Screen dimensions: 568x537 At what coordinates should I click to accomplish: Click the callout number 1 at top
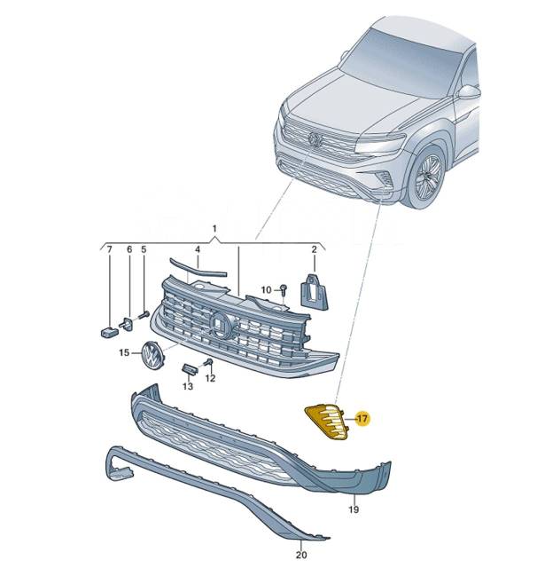tap(214, 229)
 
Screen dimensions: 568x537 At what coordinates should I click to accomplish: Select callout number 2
tap(314, 251)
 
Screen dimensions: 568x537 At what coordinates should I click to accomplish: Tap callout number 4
tap(197, 251)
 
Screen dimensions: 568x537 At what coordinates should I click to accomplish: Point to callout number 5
tap(144, 251)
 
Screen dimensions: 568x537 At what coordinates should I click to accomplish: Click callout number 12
tap(210, 379)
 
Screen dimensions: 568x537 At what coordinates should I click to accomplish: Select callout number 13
tap(188, 387)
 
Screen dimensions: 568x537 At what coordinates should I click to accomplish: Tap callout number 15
tap(125, 353)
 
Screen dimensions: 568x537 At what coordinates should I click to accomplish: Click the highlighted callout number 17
tap(362, 418)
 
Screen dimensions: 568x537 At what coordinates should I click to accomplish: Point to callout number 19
tap(353, 510)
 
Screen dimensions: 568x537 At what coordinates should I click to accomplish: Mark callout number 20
tap(300, 556)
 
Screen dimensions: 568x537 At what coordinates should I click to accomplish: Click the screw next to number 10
tap(283, 288)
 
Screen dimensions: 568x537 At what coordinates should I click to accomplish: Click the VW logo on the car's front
tap(315, 139)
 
